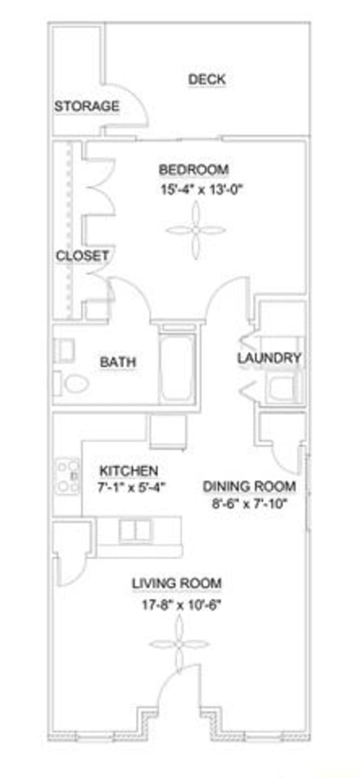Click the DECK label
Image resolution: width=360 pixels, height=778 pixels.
pyautogui.click(x=207, y=79)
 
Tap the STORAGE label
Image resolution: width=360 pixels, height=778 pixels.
pyautogui.click(x=86, y=106)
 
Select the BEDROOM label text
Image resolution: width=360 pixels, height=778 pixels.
pyautogui.click(x=194, y=169)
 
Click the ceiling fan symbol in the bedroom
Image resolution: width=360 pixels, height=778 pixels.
pyautogui.click(x=196, y=230)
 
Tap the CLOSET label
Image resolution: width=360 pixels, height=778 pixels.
pyautogui.click(x=82, y=256)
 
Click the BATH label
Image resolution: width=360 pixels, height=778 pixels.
pyautogui.click(x=118, y=362)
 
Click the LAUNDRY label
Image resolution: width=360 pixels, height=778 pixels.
pyautogui.click(x=269, y=358)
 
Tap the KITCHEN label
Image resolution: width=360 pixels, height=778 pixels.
pyautogui.click(x=129, y=471)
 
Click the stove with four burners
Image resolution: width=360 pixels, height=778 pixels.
pyautogui.click(x=67, y=476)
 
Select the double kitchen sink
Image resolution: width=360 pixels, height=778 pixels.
pyautogui.click(x=136, y=531)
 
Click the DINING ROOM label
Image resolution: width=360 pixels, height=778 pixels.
pyautogui.click(x=249, y=487)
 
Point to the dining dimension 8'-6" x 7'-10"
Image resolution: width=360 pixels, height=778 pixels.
pyautogui.click(x=249, y=503)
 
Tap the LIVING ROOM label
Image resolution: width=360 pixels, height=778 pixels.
pyautogui.click(x=176, y=584)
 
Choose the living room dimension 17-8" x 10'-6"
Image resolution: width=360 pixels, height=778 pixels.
pyautogui.click(x=177, y=604)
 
